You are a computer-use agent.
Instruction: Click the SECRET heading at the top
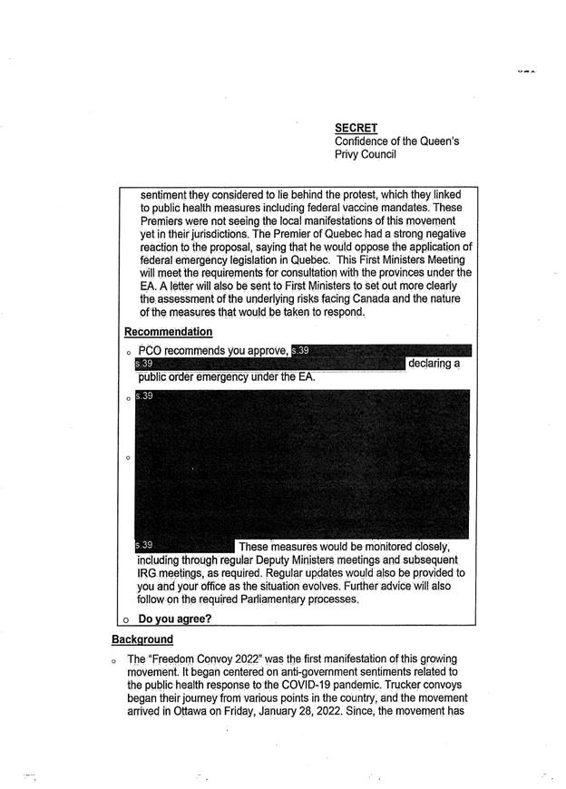(356, 128)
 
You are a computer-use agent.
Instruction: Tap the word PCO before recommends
(153, 351)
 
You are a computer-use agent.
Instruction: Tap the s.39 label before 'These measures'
(144, 545)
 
